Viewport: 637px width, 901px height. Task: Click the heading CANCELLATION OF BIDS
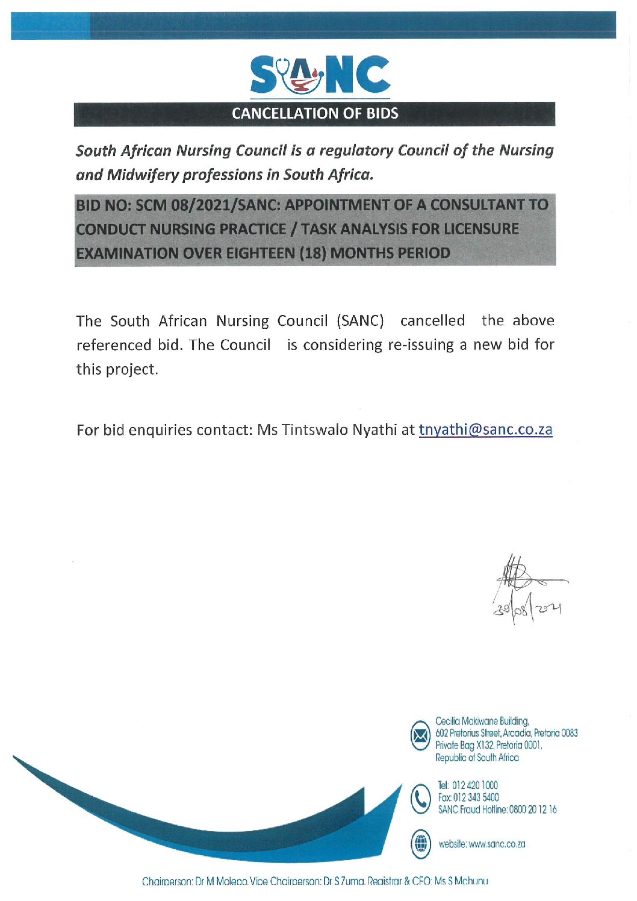coord(315,113)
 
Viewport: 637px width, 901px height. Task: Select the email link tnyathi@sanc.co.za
coord(485,429)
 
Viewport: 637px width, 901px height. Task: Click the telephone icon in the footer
coord(420,798)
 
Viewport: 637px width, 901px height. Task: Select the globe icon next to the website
coord(420,843)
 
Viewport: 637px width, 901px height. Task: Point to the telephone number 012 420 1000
coord(475,785)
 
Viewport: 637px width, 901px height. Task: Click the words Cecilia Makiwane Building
coord(482,721)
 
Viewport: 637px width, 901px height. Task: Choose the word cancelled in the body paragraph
coord(432,320)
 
